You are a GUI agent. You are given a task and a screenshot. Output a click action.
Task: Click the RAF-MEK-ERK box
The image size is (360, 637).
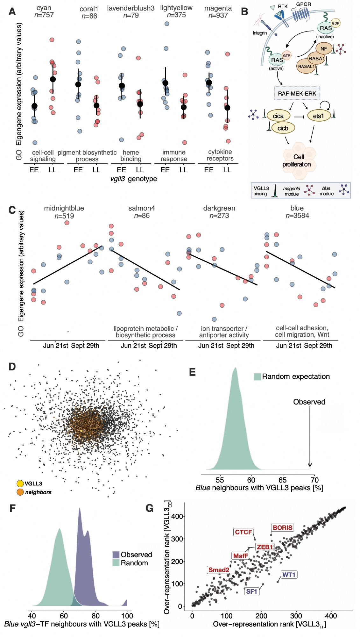(x=297, y=93)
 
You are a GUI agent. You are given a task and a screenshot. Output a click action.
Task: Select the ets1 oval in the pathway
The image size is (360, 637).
(x=319, y=116)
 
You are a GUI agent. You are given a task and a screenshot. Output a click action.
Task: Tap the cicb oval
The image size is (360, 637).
(x=283, y=128)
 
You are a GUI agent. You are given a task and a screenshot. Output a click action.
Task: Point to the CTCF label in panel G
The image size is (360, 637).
(x=244, y=532)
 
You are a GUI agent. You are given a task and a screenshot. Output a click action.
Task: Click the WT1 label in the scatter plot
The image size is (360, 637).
(x=289, y=575)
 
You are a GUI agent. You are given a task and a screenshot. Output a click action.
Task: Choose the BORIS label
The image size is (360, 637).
(x=282, y=527)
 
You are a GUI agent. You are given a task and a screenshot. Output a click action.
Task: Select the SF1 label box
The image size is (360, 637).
(x=251, y=591)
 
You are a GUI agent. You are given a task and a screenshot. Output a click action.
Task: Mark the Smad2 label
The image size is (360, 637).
(x=219, y=570)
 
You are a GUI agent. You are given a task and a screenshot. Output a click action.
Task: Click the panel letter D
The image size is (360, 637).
(x=12, y=367)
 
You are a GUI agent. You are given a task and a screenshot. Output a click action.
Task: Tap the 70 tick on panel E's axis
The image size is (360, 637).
(x=314, y=480)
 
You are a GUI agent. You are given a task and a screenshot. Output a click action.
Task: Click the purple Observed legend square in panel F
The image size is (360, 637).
(x=116, y=555)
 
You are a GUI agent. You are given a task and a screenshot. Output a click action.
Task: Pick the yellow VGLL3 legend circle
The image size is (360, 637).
(x=20, y=483)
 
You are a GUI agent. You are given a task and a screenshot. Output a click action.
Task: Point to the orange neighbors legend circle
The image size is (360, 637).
(x=20, y=492)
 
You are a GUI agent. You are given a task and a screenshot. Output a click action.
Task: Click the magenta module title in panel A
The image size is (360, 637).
(x=218, y=8)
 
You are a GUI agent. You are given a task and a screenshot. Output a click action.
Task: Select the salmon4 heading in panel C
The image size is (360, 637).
(x=142, y=208)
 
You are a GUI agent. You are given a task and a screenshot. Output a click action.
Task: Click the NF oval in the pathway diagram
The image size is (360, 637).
(x=324, y=49)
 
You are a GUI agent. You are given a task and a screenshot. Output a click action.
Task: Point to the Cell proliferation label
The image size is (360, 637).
(x=297, y=161)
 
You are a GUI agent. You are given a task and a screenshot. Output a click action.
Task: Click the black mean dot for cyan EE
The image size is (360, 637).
(x=34, y=106)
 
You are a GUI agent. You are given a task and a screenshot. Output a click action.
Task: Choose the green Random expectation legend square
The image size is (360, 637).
(x=258, y=376)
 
